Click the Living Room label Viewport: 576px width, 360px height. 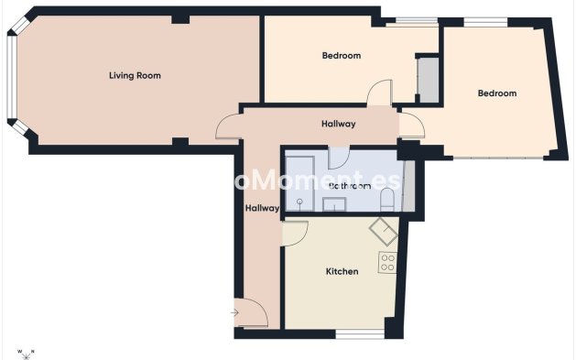(135, 75)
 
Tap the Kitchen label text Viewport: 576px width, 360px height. (342, 271)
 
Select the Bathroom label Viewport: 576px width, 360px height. (349, 186)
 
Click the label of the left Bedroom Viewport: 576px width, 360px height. (341, 56)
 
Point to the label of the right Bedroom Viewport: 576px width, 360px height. (496, 93)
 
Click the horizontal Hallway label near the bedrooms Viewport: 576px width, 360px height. (338, 124)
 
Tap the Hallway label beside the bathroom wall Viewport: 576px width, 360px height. (262, 208)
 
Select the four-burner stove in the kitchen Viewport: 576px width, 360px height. (387, 263)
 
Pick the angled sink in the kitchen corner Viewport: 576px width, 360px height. (384, 231)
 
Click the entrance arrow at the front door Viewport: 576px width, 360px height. (234, 312)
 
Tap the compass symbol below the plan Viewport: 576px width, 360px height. (26, 351)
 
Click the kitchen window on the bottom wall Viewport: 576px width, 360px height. (359, 333)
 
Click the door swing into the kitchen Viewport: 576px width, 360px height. (295, 234)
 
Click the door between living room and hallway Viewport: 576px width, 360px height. (229, 128)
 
